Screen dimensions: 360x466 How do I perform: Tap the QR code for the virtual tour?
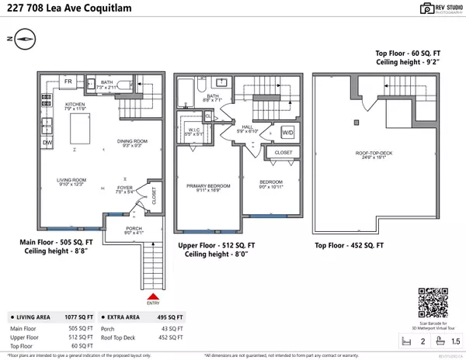[430, 300]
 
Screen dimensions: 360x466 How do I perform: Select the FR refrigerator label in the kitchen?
[68, 82]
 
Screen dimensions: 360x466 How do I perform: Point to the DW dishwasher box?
[48, 143]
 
